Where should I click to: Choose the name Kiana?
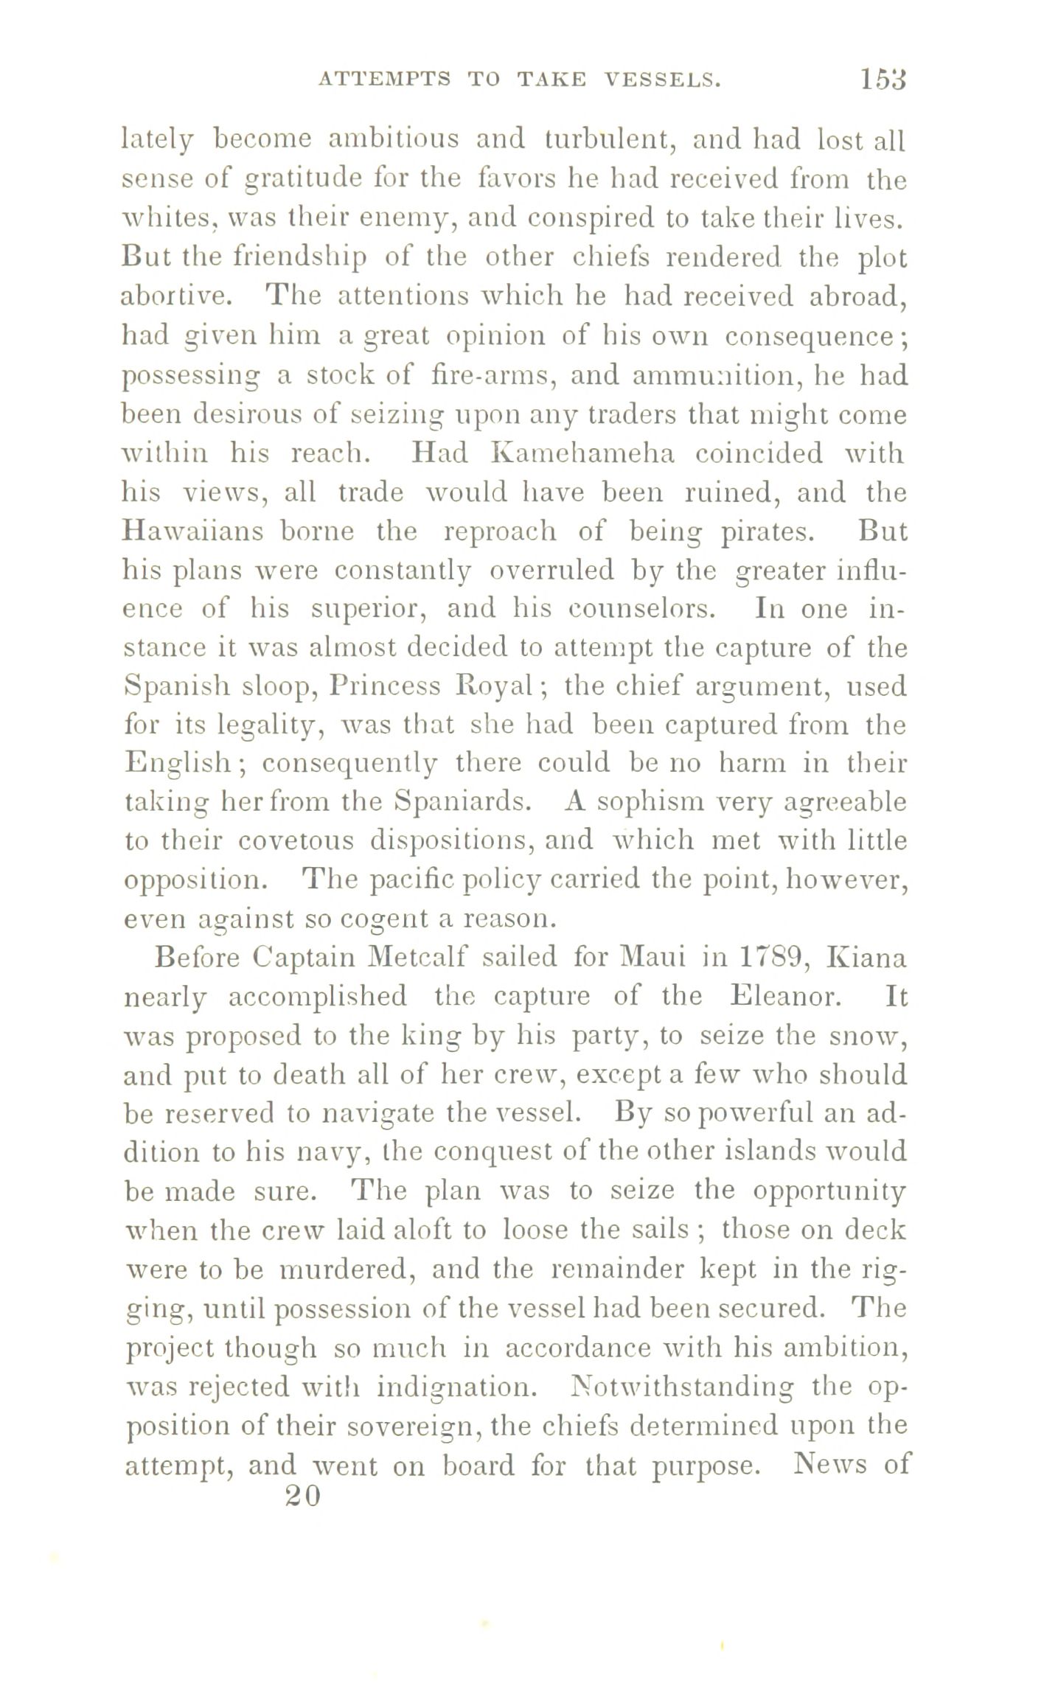tap(867, 958)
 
